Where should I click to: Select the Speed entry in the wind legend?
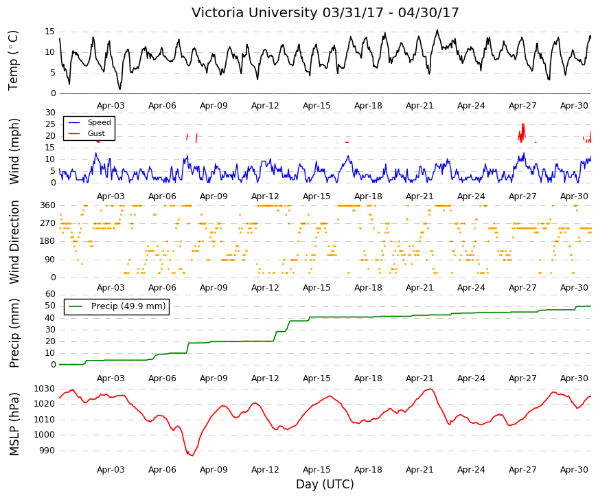[99, 122]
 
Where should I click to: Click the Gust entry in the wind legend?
[96, 133]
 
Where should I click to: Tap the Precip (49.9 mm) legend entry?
[128, 306]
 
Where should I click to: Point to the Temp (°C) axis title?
[13, 60]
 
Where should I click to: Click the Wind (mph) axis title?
[14, 152]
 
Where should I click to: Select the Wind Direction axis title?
[14, 242]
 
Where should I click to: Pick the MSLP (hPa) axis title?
[14, 424]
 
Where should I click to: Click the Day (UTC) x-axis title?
[325, 484]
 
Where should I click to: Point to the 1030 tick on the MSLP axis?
[44, 389]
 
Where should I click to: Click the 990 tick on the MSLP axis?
[47, 451]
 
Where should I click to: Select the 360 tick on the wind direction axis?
[48, 205]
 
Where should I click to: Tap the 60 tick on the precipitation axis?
[50, 294]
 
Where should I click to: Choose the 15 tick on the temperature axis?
[50, 32]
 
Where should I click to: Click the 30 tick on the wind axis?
[50, 113]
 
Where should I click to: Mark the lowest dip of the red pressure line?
[191, 455]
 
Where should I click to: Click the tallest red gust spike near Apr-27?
[523, 124]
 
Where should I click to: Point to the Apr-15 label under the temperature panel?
[317, 106]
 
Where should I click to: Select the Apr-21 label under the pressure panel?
[419, 470]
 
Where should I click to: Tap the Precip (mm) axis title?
[14, 333]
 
